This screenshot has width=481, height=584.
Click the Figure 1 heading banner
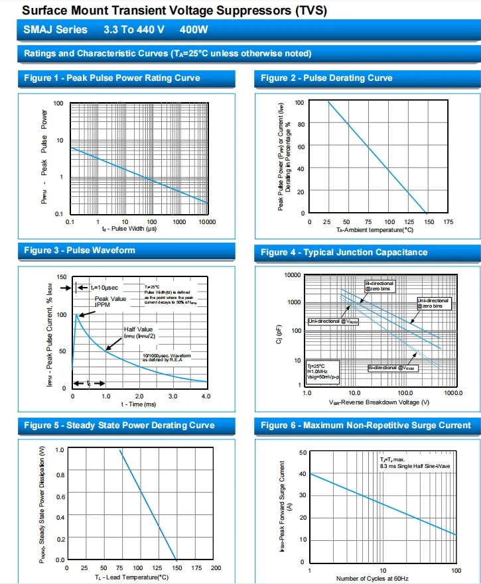coord(112,78)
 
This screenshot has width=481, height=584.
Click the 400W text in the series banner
coord(194,30)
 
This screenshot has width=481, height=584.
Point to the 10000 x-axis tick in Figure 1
coord(208,221)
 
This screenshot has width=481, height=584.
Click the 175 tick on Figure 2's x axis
coord(448,222)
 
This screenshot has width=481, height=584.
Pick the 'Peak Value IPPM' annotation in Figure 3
coord(110,302)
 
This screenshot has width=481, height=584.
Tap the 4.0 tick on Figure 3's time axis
coord(206,396)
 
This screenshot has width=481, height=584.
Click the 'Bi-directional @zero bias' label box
coord(381,286)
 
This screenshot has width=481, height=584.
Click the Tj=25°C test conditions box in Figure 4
coord(322,371)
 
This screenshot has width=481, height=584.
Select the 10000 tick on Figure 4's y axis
coord(292,274)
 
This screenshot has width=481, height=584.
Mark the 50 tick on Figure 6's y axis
coord(303,453)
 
